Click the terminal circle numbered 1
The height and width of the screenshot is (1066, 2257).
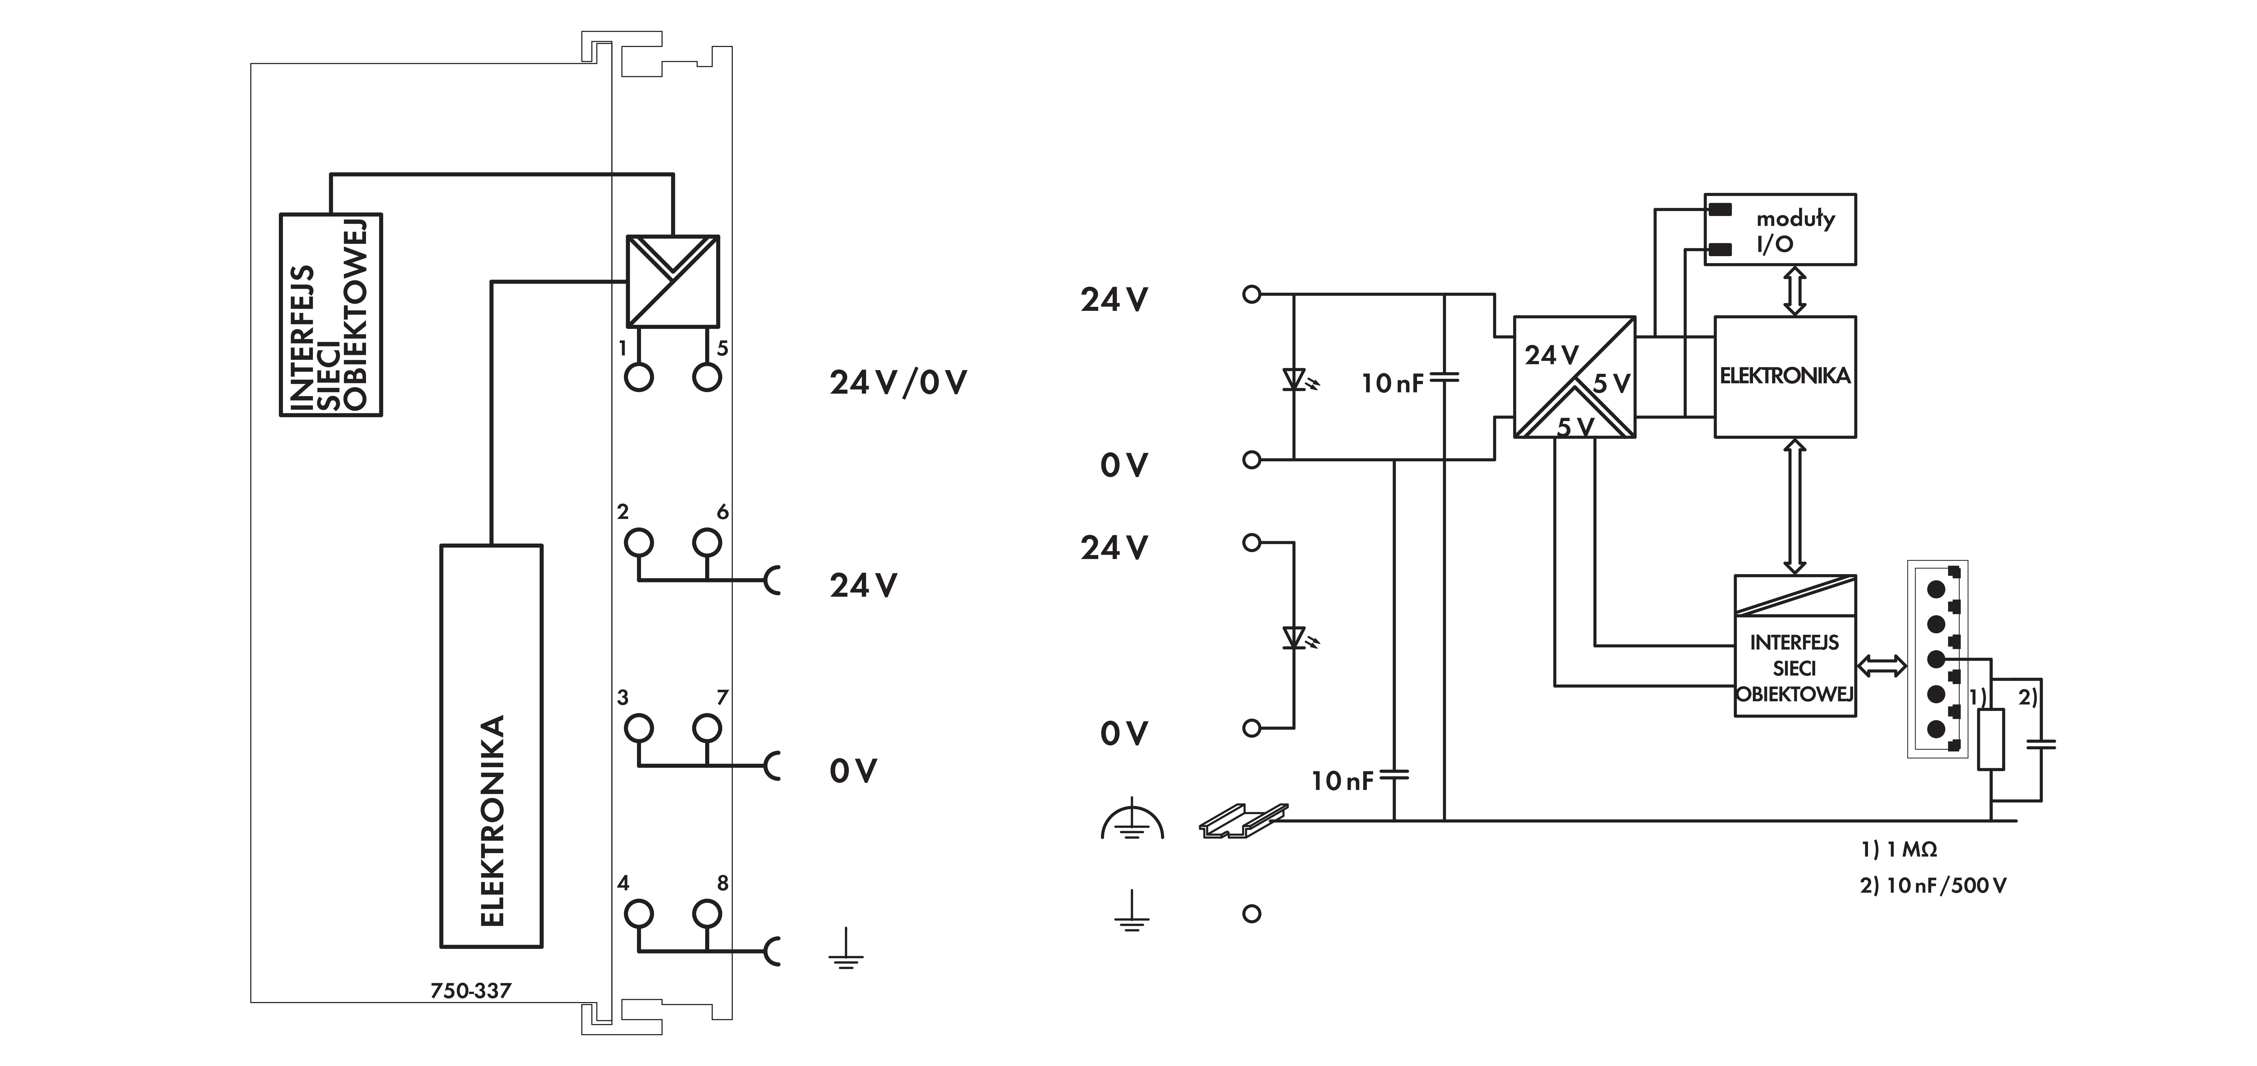[x=639, y=377]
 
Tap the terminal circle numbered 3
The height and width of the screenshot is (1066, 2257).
[x=639, y=728]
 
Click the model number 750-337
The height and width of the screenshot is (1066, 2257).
[x=471, y=991]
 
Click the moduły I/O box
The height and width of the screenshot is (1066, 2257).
[x=1780, y=230]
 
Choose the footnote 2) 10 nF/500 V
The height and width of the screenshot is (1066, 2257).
[x=1933, y=886]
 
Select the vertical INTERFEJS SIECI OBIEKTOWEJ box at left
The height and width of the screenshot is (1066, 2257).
[x=330, y=315]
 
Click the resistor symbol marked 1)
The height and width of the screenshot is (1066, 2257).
[x=1991, y=740]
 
